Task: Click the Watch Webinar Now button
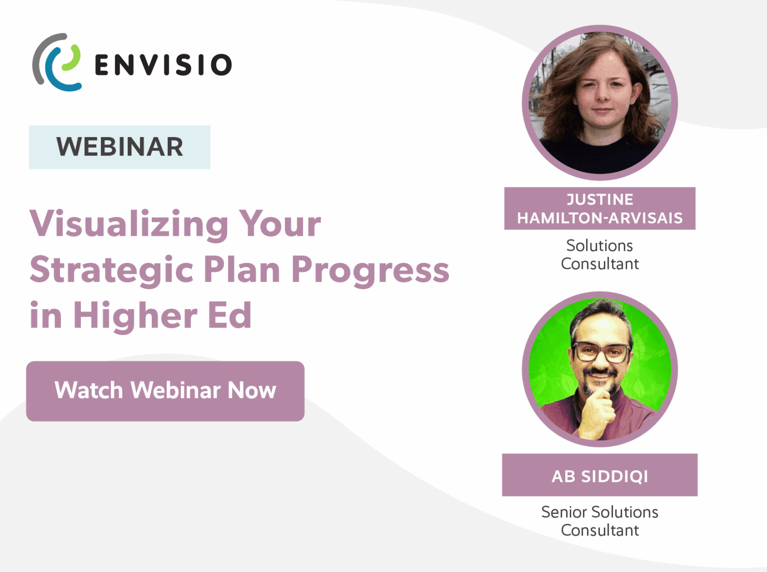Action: [x=165, y=391]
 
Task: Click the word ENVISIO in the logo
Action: [x=163, y=65]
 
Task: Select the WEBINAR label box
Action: [x=119, y=147]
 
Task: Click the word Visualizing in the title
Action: [x=129, y=224]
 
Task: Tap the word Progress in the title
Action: [x=370, y=270]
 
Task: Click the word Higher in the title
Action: [x=135, y=316]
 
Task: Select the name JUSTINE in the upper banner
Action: [x=600, y=199]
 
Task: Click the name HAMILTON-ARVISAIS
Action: [x=600, y=218]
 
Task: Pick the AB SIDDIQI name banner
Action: [x=600, y=476]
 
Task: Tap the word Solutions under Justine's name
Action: [x=600, y=245]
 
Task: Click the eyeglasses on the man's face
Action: [x=601, y=353]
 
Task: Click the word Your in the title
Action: [x=280, y=224]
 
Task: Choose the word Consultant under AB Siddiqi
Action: [x=600, y=530]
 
